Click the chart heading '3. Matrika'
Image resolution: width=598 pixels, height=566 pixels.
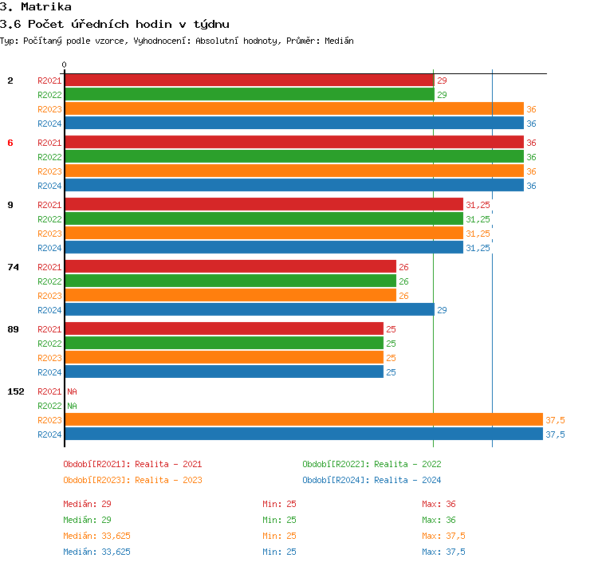[36, 7]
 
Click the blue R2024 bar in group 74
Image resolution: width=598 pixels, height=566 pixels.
[249, 310]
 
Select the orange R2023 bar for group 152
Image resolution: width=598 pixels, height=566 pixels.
[303, 420]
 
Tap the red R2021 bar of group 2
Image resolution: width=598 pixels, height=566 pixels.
[249, 81]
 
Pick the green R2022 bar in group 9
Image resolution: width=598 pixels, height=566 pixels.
[263, 219]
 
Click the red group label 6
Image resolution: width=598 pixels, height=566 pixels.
[10, 143]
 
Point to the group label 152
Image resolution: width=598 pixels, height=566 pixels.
[15, 391]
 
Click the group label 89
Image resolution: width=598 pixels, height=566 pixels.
[13, 329]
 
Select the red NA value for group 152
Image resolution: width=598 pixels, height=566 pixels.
[72, 391]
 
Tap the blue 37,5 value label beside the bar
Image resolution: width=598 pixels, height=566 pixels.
[555, 434]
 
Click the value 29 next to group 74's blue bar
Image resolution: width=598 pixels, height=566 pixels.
[442, 310]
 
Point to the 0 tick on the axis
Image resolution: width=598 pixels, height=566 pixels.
[65, 65]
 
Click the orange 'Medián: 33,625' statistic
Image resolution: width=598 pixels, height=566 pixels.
[96, 536]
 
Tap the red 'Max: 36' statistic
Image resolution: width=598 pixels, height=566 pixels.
[439, 504]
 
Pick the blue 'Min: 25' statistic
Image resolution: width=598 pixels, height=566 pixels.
[279, 552]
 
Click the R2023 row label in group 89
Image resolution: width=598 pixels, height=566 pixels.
[49, 358]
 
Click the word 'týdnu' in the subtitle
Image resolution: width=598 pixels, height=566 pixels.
[208, 24]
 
